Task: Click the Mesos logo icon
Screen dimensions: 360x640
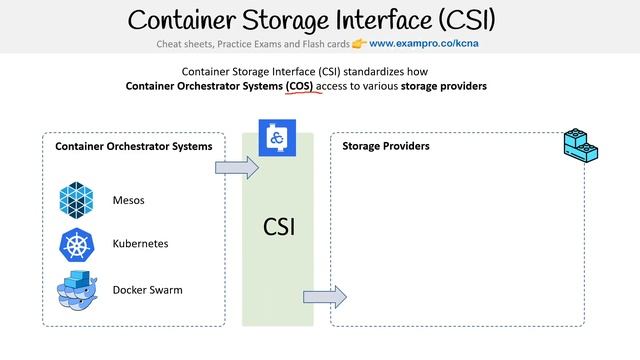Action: coord(77,199)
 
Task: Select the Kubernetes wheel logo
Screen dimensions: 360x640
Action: coord(77,244)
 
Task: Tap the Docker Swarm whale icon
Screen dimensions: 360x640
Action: coord(77,290)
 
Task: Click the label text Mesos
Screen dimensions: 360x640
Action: coord(129,200)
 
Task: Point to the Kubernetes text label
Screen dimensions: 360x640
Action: coord(140,244)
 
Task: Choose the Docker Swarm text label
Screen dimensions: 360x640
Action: coord(148,290)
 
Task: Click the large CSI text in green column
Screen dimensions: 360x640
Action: coord(278,227)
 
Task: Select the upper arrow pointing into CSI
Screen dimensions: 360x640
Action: coord(236,166)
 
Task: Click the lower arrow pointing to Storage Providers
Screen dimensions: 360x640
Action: coord(324,296)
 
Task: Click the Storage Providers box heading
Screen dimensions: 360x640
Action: coord(386,147)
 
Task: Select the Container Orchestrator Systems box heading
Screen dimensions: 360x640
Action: coord(134,147)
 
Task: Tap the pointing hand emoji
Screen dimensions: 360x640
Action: coord(358,45)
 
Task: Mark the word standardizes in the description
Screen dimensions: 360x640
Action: coord(374,72)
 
